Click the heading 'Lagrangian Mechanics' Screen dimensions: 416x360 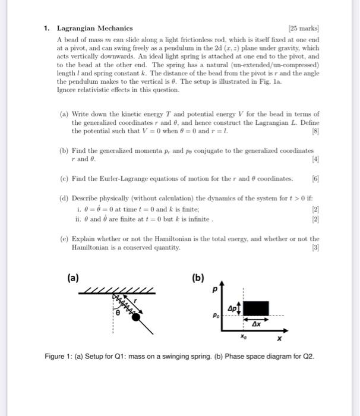pyautogui.click(x=94, y=28)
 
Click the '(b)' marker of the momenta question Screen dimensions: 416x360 pyautogui.click(x=64, y=151)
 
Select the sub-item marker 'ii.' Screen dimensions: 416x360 pyautogui.click(x=80, y=218)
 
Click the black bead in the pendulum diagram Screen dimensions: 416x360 pyautogui.click(x=136, y=317)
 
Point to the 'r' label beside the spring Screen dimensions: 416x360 pyautogui.click(x=135, y=302)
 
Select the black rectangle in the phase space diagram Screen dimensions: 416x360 pyautogui.click(x=257, y=308)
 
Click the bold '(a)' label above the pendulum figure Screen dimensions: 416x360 pyautogui.click(x=72, y=277)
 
